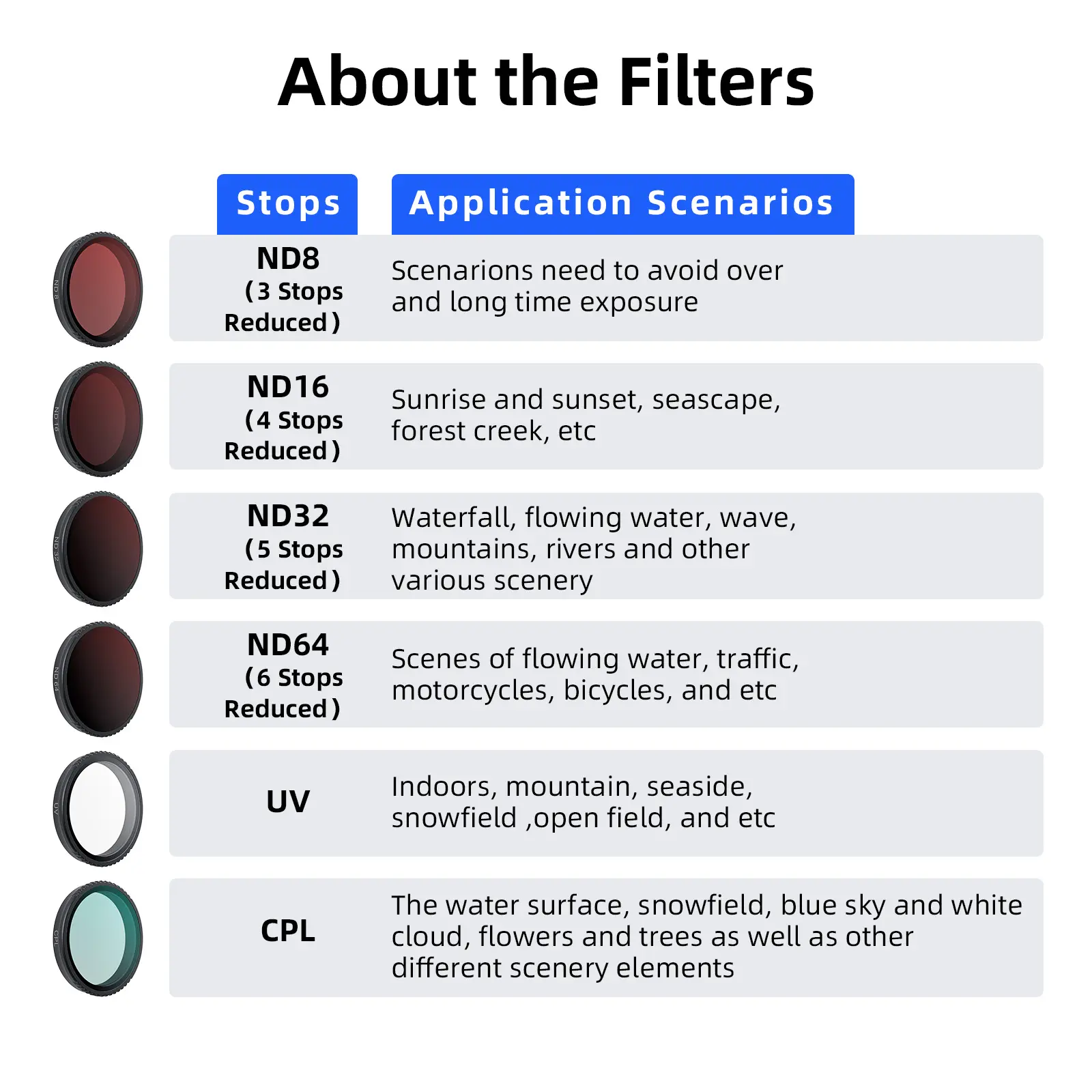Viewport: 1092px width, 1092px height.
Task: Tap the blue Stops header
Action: pos(287,204)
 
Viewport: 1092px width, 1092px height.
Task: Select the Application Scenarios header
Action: pos(622,204)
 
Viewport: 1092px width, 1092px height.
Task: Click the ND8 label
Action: pos(288,259)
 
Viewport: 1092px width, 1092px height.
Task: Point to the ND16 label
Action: pos(288,387)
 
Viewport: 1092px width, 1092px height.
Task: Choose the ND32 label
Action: pos(288,516)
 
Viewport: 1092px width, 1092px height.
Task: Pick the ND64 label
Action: pos(288,645)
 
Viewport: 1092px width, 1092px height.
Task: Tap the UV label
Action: pos(288,801)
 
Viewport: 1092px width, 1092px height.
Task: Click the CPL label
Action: pos(288,931)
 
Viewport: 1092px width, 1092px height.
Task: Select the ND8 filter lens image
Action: pos(98,289)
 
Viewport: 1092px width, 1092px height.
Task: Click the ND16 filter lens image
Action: pos(98,419)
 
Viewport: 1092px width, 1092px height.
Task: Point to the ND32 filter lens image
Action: pos(98,549)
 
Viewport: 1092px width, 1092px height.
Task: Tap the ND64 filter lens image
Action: pos(98,679)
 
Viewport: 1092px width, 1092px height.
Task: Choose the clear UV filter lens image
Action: pos(98,809)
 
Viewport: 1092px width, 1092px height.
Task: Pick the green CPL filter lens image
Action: pos(98,938)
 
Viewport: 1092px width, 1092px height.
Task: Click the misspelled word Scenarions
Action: pos(462,271)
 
